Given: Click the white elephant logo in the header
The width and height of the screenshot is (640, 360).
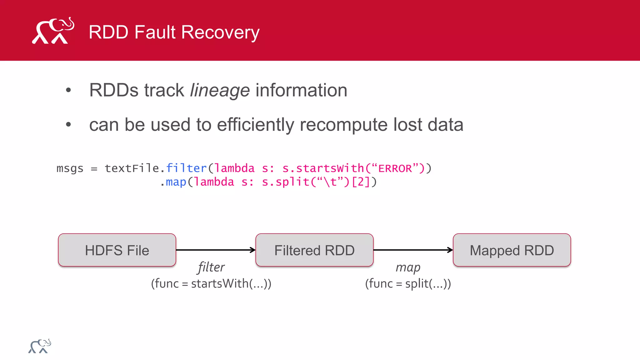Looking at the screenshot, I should click(x=53, y=31).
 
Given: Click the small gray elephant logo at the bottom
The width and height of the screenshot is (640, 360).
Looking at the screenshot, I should click(x=40, y=346).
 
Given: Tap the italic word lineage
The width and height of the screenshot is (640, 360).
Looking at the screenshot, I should click(x=220, y=90).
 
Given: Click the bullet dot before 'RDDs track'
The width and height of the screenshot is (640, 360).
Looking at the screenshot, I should click(x=68, y=91).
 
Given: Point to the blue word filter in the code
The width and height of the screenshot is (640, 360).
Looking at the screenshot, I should click(x=186, y=168).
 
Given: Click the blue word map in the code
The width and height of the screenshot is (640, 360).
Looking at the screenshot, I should click(x=176, y=182).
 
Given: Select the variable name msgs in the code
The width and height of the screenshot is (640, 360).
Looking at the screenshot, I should click(x=70, y=168).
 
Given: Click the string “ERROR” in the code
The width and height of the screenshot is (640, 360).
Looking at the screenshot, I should click(x=395, y=168).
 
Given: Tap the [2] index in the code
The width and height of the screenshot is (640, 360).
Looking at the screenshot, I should click(x=361, y=182).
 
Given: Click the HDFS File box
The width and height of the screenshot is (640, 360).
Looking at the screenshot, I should click(x=117, y=250).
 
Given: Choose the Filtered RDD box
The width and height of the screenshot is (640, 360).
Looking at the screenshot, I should click(x=314, y=250).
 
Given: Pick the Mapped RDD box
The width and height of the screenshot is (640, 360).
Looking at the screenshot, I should click(x=512, y=250).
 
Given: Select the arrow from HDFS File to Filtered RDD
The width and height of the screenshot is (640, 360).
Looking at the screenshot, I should click(x=216, y=250).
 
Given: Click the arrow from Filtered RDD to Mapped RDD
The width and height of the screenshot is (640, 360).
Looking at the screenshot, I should click(x=413, y=250).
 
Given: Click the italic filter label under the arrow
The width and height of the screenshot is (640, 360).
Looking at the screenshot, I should click(x=211, y=267).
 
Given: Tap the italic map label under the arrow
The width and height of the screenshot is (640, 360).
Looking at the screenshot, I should click(x=408, y=267).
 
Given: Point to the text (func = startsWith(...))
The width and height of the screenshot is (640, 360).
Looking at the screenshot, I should click(x=211, y=284).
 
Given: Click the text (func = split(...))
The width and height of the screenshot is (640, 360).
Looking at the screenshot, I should click(x=408, y=284).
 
